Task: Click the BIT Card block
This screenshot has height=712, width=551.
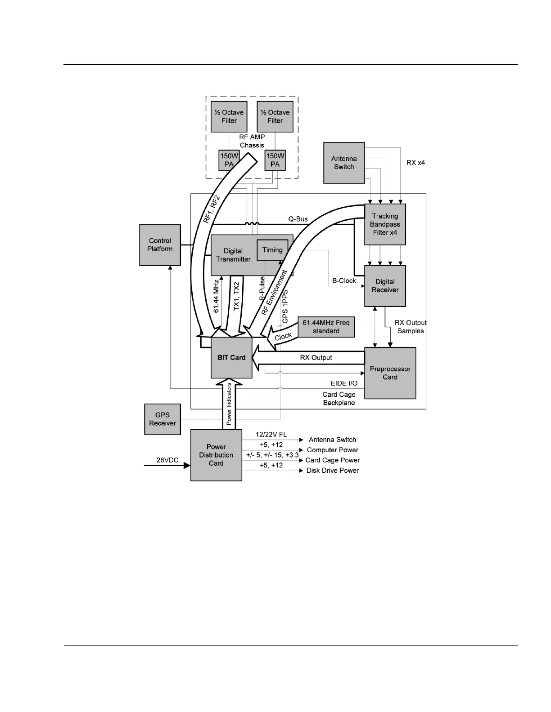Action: (x=231, y=358)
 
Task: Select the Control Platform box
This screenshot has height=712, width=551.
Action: (x=160, y=245)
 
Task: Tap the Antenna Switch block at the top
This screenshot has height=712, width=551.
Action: (x=344, y=163)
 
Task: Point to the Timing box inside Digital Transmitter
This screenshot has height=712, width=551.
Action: (x=272, y=250)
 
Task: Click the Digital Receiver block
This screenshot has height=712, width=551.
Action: (x=385, y=286)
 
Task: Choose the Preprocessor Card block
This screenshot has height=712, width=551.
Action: (x=390, y=373)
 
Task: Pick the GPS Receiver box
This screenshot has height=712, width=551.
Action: (x=163, y=419)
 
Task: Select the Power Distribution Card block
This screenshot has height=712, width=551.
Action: (x=216, y=455)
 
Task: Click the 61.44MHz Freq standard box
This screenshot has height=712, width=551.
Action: (x=326, y=327)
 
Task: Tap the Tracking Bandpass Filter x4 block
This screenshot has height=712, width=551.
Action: (x=385, y=224)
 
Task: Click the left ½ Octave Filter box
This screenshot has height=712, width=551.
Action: (x=229, y=116)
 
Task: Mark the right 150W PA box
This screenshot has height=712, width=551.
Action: (x=275, y=160)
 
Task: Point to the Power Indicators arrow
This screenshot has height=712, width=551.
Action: (x=229, y=404)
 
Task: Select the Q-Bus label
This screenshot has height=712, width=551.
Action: (x=298, y=219)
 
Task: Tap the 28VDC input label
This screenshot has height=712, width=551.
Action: (x=167, y=460)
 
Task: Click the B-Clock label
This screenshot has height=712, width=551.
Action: (x=344, y=280)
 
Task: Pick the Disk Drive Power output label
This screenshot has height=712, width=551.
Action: (x=333, y=471)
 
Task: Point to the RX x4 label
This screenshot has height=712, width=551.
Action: (x=416, y=163)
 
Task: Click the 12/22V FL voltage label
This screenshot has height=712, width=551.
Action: (x=271, y=435)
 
